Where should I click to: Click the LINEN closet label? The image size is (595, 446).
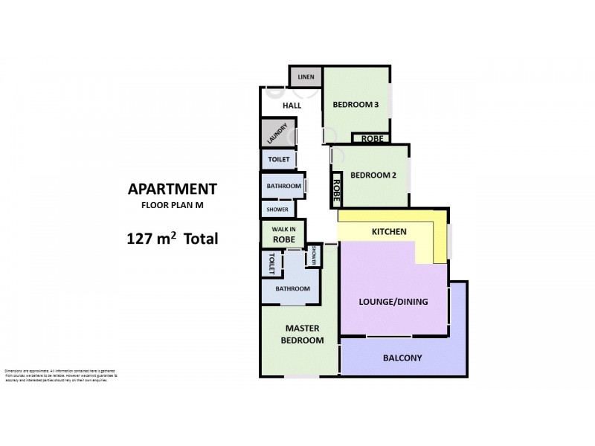click(305, 77)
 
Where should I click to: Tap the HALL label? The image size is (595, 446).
click(292, 106)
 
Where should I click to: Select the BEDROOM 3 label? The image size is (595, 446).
click(356, 105)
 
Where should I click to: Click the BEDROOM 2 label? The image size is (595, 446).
click(373, 175)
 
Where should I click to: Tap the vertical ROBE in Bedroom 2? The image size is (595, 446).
click(337, 190)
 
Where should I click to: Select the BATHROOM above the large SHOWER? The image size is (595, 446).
click(283, 186)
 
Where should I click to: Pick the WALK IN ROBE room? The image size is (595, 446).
click(283, 234)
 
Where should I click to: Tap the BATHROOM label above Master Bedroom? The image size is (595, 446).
click(292, 288)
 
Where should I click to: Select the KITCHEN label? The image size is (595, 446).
click(389, 232)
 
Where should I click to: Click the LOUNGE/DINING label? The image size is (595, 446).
click(393, 301)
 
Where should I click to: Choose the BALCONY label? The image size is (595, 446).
click(402, 358)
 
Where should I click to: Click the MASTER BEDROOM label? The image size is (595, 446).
click(302, 334)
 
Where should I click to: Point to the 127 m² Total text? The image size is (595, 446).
click(172, 239)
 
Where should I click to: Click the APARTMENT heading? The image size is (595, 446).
click(172, 189)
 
